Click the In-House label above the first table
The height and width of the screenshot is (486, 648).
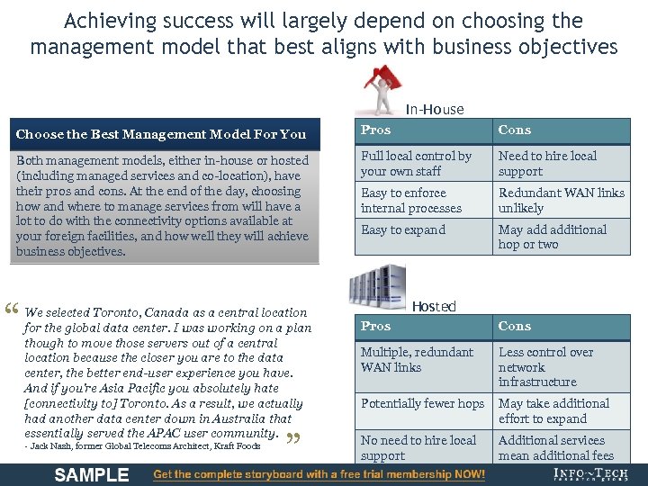tap(435, 109)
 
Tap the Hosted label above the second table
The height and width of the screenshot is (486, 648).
tap(434, 306)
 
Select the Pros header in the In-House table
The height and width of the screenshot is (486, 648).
tap(376, 130)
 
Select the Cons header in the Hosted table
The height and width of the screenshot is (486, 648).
tap(515, 326)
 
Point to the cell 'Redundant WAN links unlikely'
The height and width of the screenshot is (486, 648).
tap(561, 200)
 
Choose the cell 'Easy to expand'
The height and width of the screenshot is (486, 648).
tap(403, 229)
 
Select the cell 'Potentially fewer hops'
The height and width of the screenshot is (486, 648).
tap(422, 403)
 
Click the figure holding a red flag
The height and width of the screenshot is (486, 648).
tap(383, 89)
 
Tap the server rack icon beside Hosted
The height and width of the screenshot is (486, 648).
tap(377, 285)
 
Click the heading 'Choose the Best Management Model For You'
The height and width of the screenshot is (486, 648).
tap(161, 134)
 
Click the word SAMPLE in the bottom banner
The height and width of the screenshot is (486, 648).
tap(91, 474)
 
